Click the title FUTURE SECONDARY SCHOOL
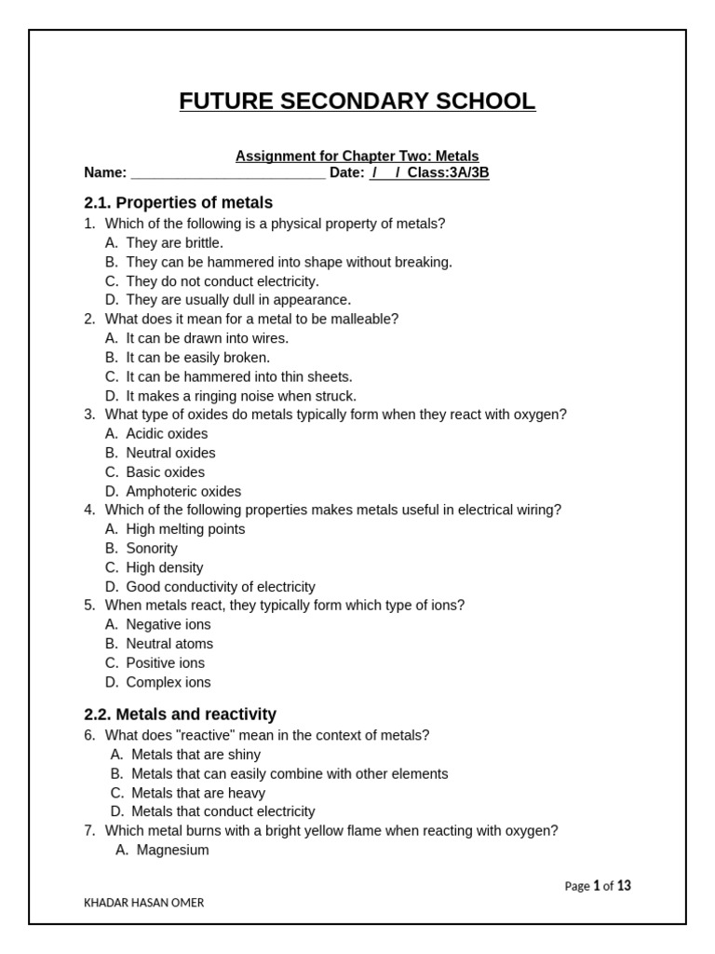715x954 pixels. [x=357, y=102]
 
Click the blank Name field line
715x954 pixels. [x=228, y=173]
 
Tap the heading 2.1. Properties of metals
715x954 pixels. [x=178, y=202]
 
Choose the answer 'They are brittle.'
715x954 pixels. [x=174, y=243]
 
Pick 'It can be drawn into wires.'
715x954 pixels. [x=207, y=338]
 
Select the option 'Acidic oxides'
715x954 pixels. [x=167, y=434]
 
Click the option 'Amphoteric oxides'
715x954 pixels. [x=183, y=492]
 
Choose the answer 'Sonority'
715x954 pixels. [x=152, y=549]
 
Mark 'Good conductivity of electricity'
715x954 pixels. [x=221, y=587]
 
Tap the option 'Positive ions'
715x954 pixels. [x=165, y=663]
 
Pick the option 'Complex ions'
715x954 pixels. [x=169, y=683]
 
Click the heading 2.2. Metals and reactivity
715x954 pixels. [x=180, y=715]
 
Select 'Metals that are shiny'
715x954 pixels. [x=196, y=755]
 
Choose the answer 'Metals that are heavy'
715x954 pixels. [x=198, y=793]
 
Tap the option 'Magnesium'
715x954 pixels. [x=172, y=851]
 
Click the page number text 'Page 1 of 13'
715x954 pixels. [x=598, y=886]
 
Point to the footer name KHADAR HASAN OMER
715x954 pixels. [x=144, y=903]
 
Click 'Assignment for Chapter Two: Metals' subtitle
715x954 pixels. [x=357, y=157]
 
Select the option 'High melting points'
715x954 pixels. [x=185, y=529]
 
